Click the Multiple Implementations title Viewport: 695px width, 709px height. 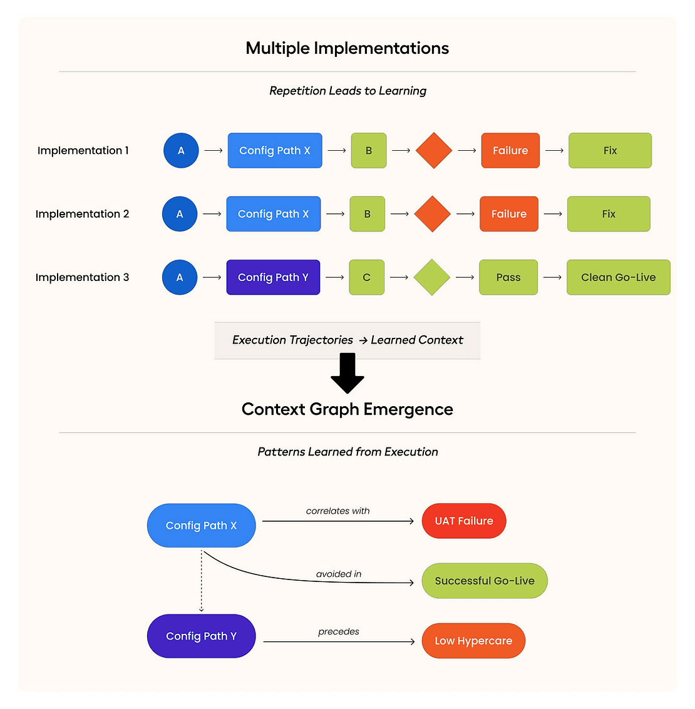347,48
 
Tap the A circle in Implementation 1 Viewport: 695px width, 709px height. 181,150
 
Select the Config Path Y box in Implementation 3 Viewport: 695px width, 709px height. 273,277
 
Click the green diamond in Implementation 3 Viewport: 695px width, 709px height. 432,277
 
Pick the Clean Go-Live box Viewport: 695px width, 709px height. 618,277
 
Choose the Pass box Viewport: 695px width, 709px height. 508,277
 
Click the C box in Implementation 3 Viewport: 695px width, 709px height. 367,277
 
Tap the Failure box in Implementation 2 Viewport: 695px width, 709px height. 508,214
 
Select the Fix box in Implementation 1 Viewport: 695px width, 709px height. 610,150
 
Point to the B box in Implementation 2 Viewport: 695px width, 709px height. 367,214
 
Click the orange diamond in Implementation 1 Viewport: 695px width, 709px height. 433,150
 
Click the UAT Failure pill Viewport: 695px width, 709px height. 464,521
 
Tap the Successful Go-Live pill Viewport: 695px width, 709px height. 485,581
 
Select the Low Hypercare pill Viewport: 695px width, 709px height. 473,641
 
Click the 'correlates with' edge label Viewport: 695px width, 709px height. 337,511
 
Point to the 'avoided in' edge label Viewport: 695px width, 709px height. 338,574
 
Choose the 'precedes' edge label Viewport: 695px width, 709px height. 338,631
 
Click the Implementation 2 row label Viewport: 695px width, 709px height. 82,214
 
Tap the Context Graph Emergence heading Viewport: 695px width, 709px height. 347,409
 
